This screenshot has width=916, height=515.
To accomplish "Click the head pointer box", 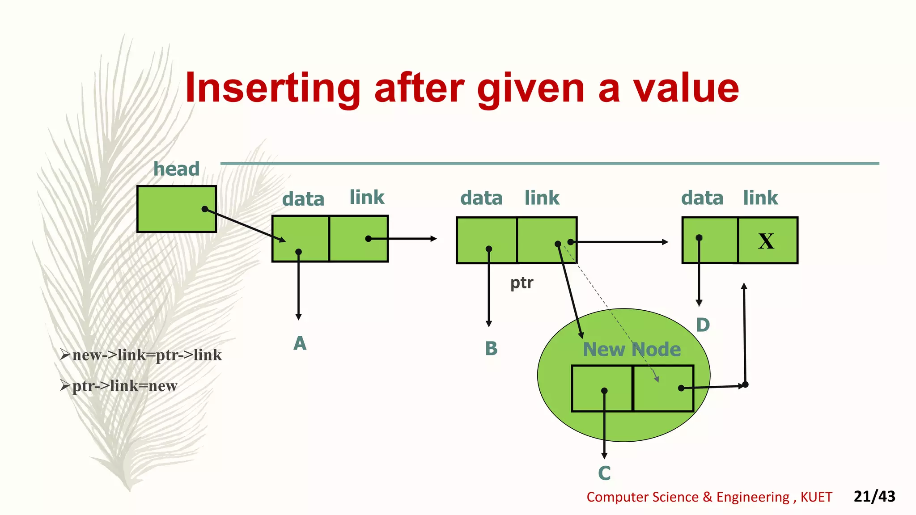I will pyautogui.click(x=176, y=209).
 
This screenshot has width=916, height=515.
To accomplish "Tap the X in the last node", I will pyautogui.click(x=766, y=241).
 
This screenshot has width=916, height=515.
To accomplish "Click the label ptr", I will pyautogui.click(x=522, y=283).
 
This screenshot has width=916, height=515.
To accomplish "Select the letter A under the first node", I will pyautogui.click(x=300, y=343).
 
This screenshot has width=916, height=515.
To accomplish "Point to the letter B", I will pyautogui.click(x=491, y=348).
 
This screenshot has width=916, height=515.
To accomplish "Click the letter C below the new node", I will pyautogui.click(x=604, y=473).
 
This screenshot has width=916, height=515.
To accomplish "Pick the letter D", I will pyautogui.click(x=703, y=325).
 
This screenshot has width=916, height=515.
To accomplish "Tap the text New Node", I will pyautogui.click(x=632, y=349).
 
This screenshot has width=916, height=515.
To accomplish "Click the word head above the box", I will pyautogui.click(x=176, y=169).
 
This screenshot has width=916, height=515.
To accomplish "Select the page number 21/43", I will pyautogui.click(x=874, y=496).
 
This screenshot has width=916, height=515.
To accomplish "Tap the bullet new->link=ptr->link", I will pyautogui.click(x=146, y=355).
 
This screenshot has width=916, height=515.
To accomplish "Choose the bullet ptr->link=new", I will pyautogui.click(x=124, y=385).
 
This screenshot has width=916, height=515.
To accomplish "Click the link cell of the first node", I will pyautogui.click(x=359, y=239).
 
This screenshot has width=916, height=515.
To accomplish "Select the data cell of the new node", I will pyautogui.click(x=602, y=388).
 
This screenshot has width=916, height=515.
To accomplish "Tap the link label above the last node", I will pyautogui.click(x=760, y=198).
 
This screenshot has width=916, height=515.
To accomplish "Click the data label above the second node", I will pyautogui.click(x=481, y=198).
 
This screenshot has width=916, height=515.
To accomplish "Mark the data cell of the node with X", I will pyautogui.click(x=710, y=240).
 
